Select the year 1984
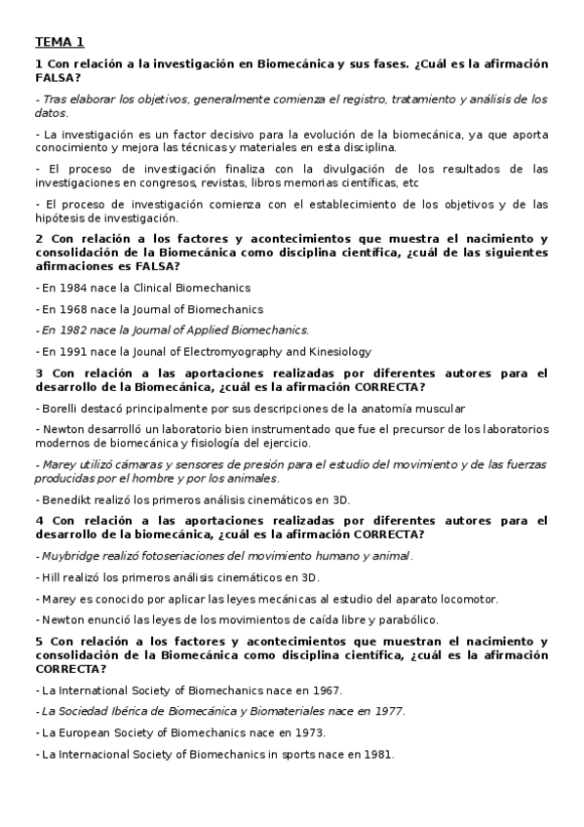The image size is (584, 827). pos(71,288)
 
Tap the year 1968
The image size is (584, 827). pos(71,309)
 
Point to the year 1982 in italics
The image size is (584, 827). pos(71,330)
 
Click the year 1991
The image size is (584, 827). pos(71,351)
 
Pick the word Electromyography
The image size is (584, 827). pos(234,351)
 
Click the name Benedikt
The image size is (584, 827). pos(64,499)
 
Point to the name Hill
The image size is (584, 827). pos(49,577)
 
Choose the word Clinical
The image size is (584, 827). pos(159,288)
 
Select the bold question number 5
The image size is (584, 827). pos(39,642)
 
